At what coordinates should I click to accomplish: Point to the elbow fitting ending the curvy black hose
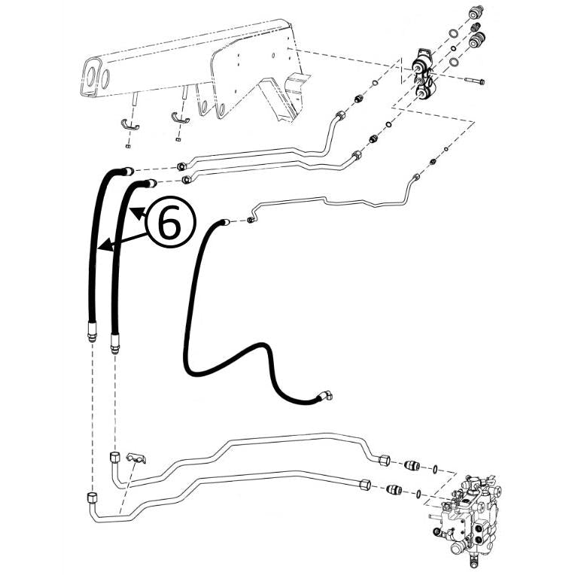[x=328, y=396]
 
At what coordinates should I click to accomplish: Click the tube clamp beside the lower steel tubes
[x=135, y=460]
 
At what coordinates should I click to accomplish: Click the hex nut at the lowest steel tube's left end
[x=91, y=497]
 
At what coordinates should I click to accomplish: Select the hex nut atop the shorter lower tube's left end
[x=114, y=457]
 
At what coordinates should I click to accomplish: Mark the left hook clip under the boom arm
[x=129, y=123]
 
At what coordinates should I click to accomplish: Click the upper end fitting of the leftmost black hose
[x=126, y=172]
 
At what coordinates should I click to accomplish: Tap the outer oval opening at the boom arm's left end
[x=93, y=76]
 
